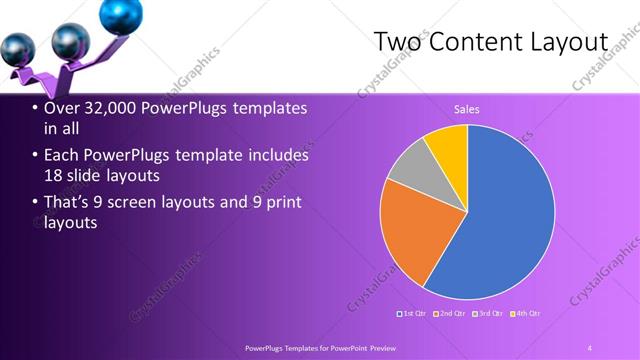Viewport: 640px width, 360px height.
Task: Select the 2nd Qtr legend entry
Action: (x=449, y=314)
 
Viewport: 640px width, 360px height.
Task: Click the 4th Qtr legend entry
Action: (x=525, y=314)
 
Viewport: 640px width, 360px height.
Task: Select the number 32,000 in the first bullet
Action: (x=116, y=108)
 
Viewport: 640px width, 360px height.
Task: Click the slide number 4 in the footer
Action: (x=590, y=347)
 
